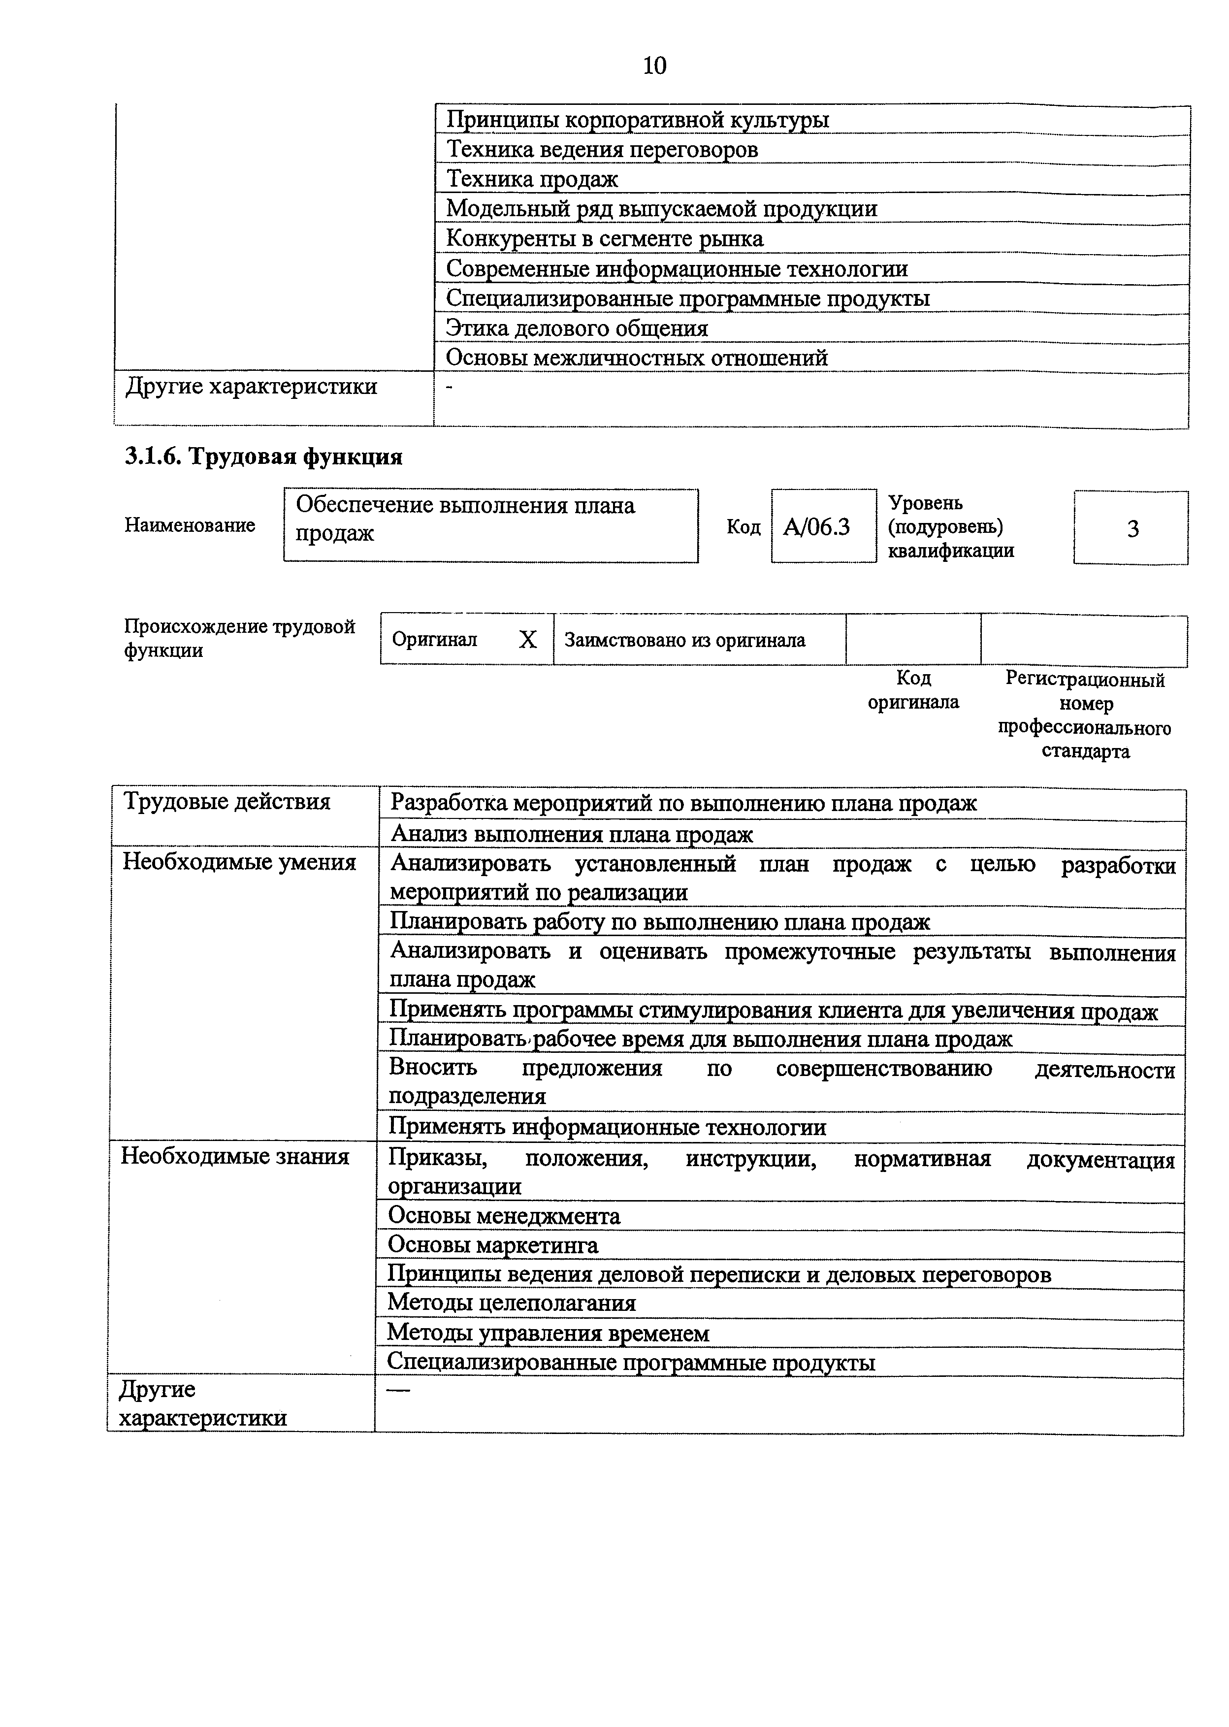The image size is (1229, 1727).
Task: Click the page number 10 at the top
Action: tap(654, 66)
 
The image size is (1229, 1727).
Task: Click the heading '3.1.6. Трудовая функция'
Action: tap(263, 457)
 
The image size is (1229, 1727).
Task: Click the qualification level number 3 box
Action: tap(1132, 528)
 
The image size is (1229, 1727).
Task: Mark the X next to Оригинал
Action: tap(527, 640)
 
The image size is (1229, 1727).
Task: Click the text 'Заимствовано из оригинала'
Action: tap(685, 640)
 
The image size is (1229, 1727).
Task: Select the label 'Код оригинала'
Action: tap(913, 689)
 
